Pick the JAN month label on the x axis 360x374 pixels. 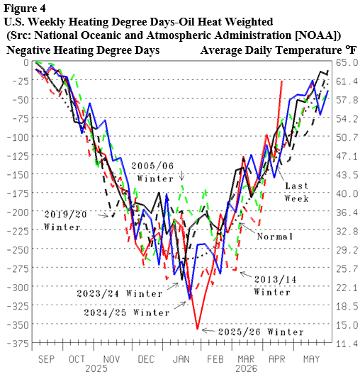(x=181, y=358)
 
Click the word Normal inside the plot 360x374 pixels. (x=275, y=237)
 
